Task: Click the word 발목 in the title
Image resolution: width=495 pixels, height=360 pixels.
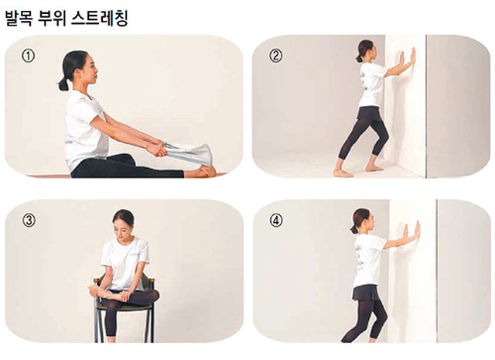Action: [19, 19]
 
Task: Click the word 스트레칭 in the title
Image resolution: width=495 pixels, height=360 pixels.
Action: [99, 19]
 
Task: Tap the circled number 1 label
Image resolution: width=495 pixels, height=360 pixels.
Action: [28, 56]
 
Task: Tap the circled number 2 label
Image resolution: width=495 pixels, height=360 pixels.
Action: [275, 56]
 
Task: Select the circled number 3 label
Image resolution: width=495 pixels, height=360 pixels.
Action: [29, 221]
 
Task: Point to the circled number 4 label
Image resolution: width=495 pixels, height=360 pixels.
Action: [276, 221]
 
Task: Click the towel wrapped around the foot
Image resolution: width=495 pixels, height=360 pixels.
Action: [189, 153]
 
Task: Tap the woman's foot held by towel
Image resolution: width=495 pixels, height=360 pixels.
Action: [206, 171]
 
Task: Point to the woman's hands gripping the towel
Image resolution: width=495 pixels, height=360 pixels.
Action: [158, 149]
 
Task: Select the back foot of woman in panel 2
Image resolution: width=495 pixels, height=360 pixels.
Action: [343, 173]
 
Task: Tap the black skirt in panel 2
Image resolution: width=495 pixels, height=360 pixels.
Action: [370, 114]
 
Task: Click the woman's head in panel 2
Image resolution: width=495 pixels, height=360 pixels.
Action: [366, 50]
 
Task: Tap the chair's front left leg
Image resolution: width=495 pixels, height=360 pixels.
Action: [97, 326]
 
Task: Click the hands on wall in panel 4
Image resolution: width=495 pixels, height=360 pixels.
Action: [411, 231]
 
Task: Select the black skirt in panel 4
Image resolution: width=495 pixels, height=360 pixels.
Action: [366, 293]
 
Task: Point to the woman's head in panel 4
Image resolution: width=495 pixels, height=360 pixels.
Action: [362, 221]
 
